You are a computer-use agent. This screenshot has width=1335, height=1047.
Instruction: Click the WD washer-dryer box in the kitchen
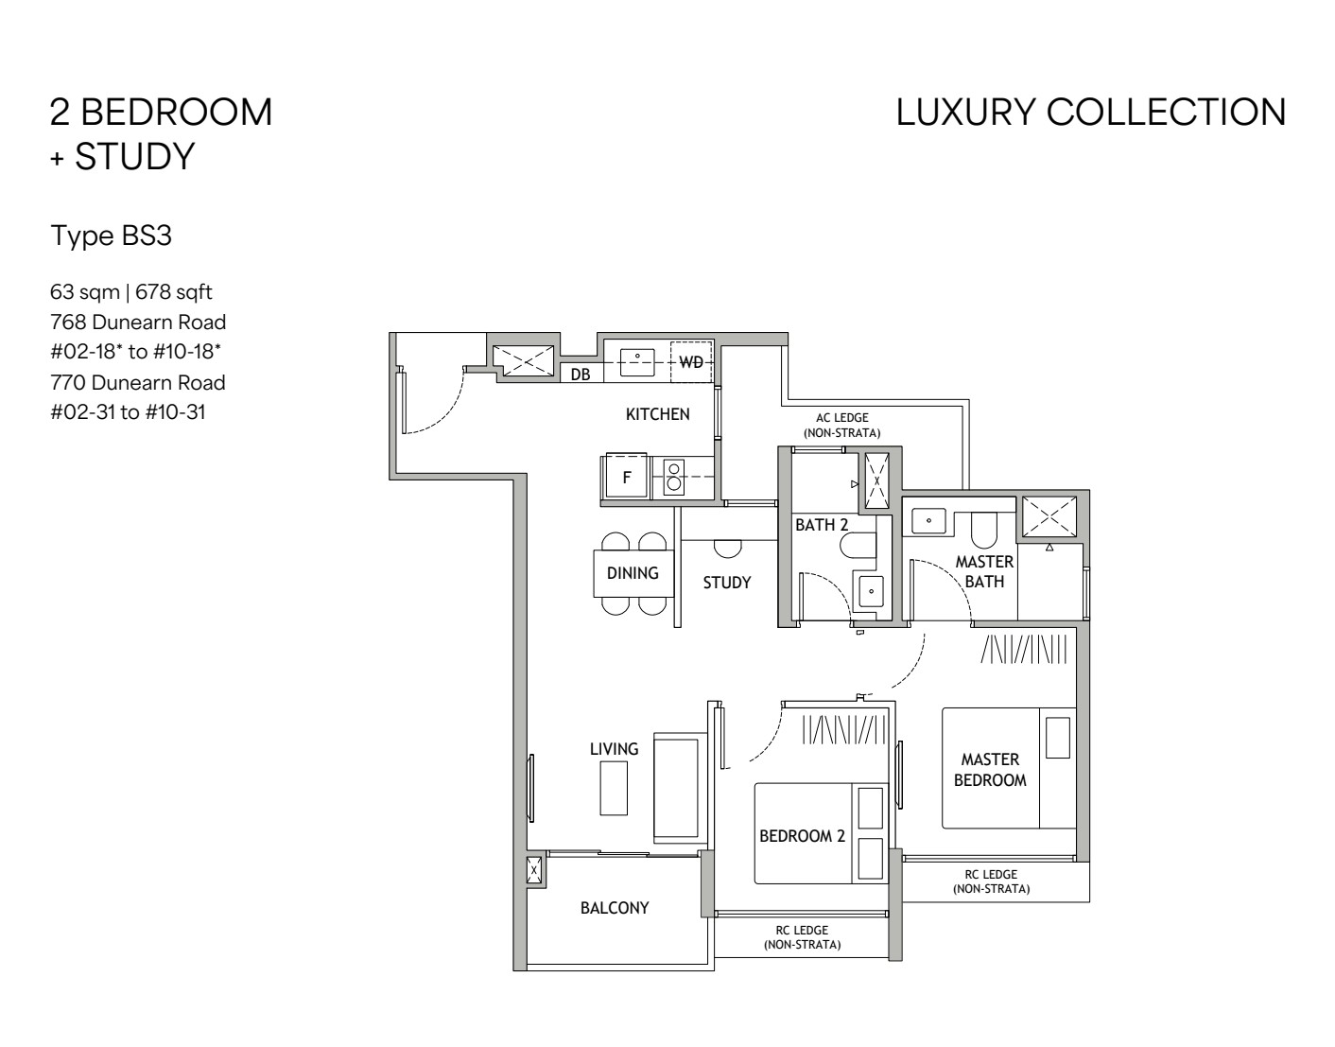(x=691, y=362)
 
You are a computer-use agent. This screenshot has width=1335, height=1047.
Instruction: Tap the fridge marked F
(x=626, y=476)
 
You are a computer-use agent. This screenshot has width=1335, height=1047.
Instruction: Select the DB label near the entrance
(x=581, y=375)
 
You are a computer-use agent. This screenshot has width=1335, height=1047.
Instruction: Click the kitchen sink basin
(x=637, y=362)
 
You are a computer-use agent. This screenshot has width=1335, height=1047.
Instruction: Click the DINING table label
(x=633, y=573)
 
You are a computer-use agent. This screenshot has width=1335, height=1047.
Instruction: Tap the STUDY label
(x=727, y=583)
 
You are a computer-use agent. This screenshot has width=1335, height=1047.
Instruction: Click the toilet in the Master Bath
(x=984, y=530)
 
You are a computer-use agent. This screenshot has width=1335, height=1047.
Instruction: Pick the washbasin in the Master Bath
(x=928, y=521)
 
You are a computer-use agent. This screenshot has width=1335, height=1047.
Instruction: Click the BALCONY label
(x=615, y=908)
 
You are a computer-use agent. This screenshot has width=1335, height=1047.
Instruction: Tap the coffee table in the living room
(x=614, y=788)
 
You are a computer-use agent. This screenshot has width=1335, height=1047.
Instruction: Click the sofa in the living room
(x=677, y=789)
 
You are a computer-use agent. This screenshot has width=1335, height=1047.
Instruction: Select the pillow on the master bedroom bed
(x=1057, y=738)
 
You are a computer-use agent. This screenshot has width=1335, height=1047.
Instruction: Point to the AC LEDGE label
(x=841, y=418)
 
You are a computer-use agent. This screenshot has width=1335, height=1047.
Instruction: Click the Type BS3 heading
(x=112, y=236)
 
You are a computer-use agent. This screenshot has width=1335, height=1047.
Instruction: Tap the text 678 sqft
(x=174, y=292)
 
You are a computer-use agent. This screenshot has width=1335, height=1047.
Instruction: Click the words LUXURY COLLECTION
(x=1091, y=113)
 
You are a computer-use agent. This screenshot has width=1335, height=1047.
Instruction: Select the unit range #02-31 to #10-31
(x=128, y=411)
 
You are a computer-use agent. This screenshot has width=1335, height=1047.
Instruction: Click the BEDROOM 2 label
(x=803, y=836)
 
